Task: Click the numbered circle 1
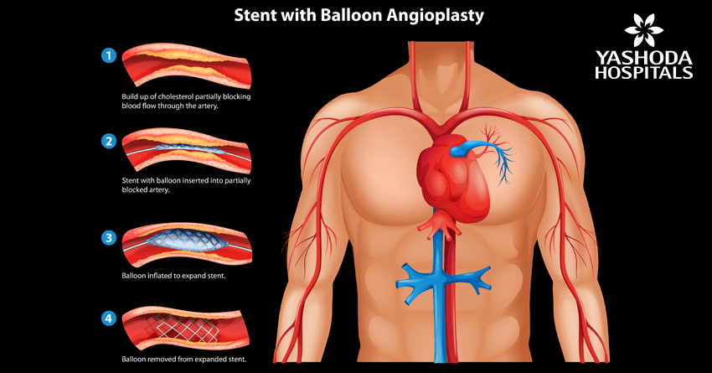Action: [x=107, y=56]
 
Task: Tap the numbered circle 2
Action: [x=107, y=141]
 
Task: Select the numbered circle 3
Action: [x=107, y=238]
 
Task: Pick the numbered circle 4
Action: [x=107, y=319]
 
